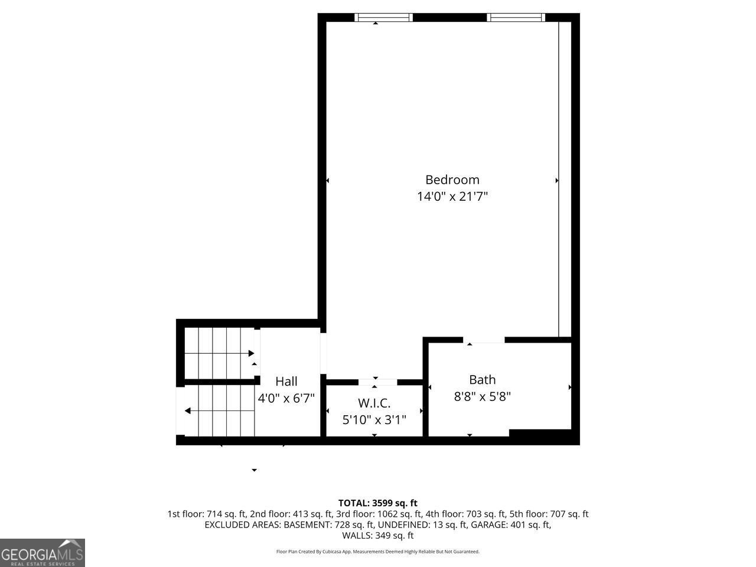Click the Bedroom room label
tap(452, 180)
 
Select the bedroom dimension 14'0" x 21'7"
tap(452, 196)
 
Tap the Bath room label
tap(482, 380)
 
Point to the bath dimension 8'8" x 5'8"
tap(482, 396)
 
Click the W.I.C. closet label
tap(374, 403)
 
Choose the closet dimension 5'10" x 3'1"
tap(374, 420)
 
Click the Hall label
tap(286, 382)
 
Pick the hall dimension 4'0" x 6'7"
tap(286, 398)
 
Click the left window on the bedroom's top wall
tap(383, 18)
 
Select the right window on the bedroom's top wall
tap(516, 18)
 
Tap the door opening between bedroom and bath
tap(484, 340)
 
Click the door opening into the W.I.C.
tap(378, 382)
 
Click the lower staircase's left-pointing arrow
tap(187, 411)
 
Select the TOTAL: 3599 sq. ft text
tap(377, 503)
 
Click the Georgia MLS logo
tap(43, 553)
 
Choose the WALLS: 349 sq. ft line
tap(377, 536)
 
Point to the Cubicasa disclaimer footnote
tap(377, 552)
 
